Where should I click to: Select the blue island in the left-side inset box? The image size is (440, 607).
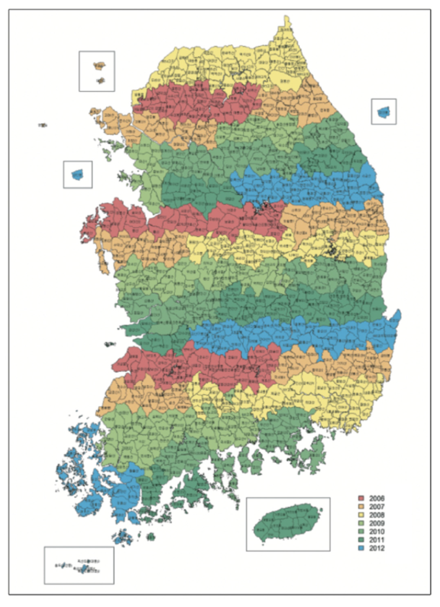[78, 175]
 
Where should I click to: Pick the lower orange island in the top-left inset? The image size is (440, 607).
[101, 80]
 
